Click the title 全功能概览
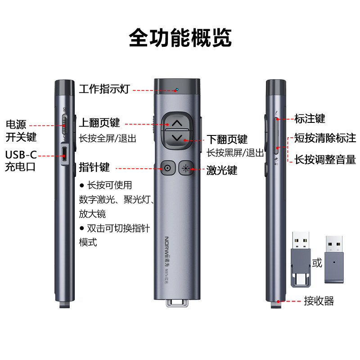click(x=180, y=38)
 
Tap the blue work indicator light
click(x=177, y=89)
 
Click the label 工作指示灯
click(x=104, y=89)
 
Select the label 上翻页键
click(x=99, y=123)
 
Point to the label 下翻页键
click(x=227, y=139)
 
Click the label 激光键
click(x=222, y=171)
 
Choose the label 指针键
click(x=94, y=167)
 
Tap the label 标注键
click(x=310, y=119)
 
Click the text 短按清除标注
click(x=325, y=138)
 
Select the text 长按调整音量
click(x=325, y=159)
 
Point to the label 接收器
click(x=319, y=301)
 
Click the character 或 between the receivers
click(x=317, y=262)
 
